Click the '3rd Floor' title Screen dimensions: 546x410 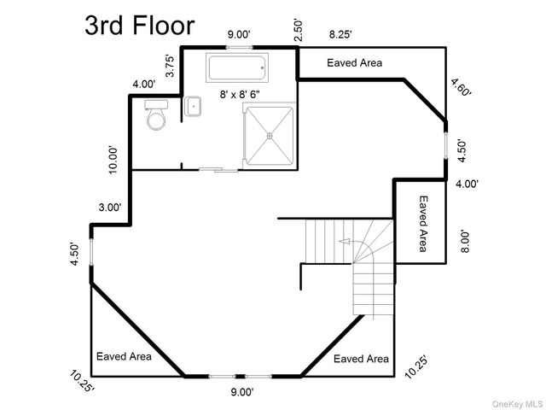[x=140, y=26]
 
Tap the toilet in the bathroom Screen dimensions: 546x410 [x=156, y=114]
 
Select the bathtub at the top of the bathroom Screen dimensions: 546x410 [x=237, y=67]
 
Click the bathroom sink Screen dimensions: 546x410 [x=193, y=106]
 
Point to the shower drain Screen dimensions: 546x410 [x=270, y=135]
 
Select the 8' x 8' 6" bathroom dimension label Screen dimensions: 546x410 [x=240, y=94]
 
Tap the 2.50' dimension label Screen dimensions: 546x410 [x=299, y=31]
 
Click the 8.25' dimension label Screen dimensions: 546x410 [x=340, y=34]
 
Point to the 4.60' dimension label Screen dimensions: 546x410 [x=461, y=87]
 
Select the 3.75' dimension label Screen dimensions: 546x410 [x=170, y=66]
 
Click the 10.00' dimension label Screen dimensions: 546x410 [x=113, y=160]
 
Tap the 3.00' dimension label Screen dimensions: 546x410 [x=110, y=208]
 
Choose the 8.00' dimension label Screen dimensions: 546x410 [x=466, y=241]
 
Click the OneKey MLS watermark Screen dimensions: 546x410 [x=517, y=404]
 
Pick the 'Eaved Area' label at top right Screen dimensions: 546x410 [x=355, y=62]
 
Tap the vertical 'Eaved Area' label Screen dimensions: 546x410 [x=423, y=224]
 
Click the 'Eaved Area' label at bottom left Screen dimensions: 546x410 [x=124, y=356]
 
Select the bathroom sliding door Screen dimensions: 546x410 [x=218, y=170]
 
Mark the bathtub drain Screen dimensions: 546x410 [x=262, y=68]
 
